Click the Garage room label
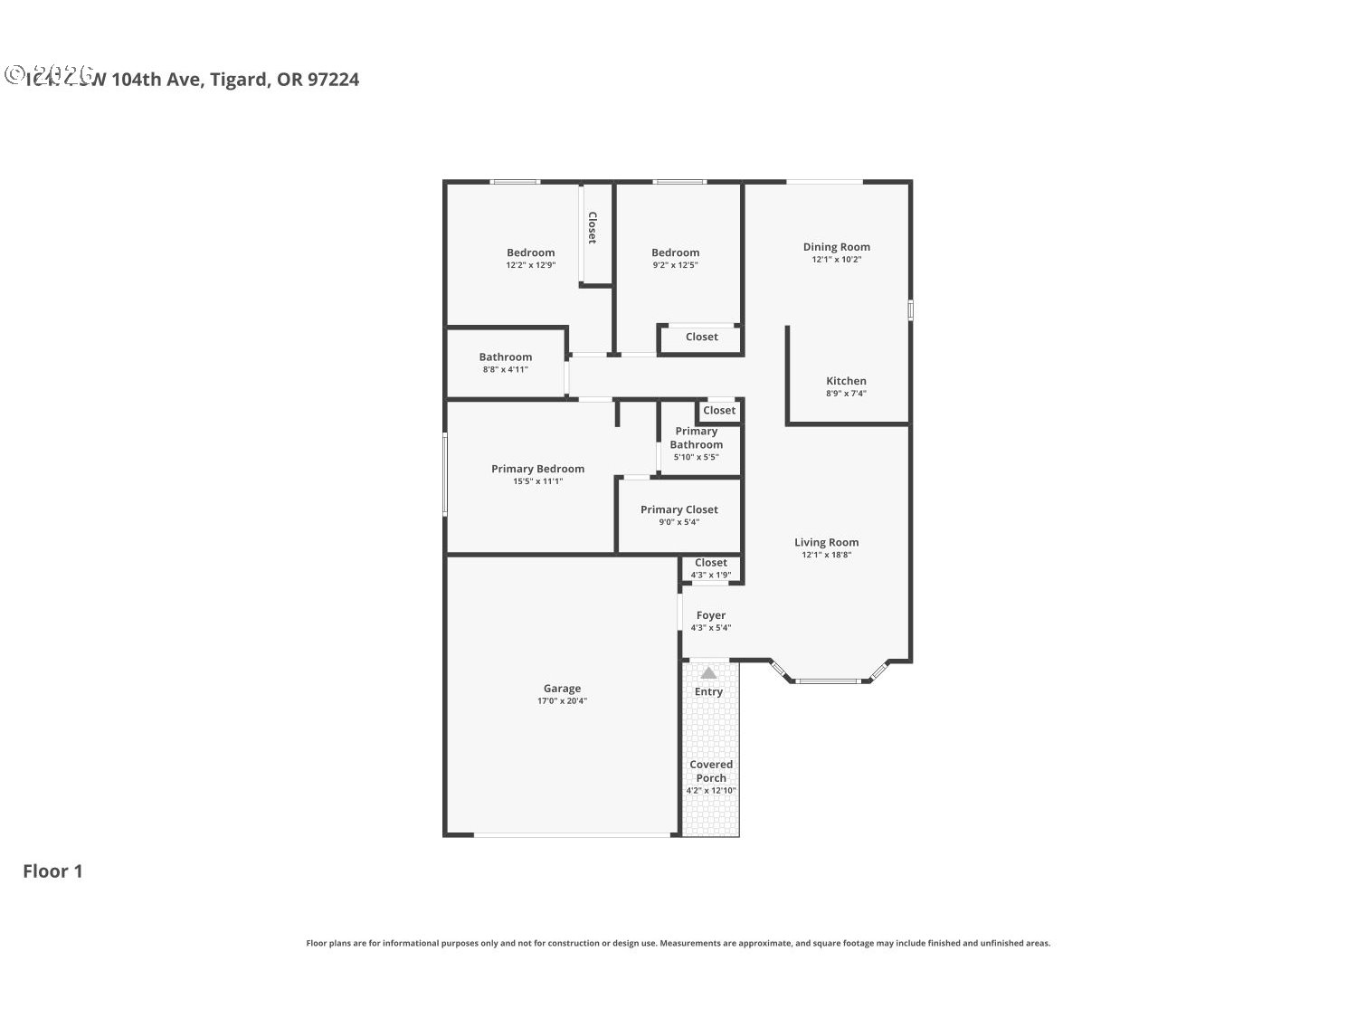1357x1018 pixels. click(x=562, y=688)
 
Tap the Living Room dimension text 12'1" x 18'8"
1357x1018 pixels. click(x=826, y=555)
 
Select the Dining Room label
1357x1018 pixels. click(x=836, y=246)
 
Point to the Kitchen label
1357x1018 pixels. click(x=846, y=381)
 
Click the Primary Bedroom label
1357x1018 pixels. click(x=537, y=469)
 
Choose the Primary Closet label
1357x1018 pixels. click(x=678, y=509)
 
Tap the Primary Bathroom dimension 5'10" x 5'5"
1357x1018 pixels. click(x=696, y=457)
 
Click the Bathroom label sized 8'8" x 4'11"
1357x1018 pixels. click(x=505, y=357)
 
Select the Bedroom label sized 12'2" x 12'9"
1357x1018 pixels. click(x=530, y=252)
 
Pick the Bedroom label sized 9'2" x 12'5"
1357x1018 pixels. click(x=675, y=252)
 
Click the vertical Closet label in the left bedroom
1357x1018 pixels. click(x=593, y=228)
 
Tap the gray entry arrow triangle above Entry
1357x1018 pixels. click(x=708, y=672)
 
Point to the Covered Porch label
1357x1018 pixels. click(x=711, y=771)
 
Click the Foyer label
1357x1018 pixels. click(x=710, y=615)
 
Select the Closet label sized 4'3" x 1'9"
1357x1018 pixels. click(x=710, y=563)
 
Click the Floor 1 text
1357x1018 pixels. click(x=52, y=871)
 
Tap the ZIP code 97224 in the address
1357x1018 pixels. click(x=333, y=80)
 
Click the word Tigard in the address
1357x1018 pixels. click(x=239, y=80)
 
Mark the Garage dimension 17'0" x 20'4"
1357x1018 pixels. click(x=562, y=700)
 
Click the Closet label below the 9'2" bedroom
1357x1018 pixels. click(x=701, y=337)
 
